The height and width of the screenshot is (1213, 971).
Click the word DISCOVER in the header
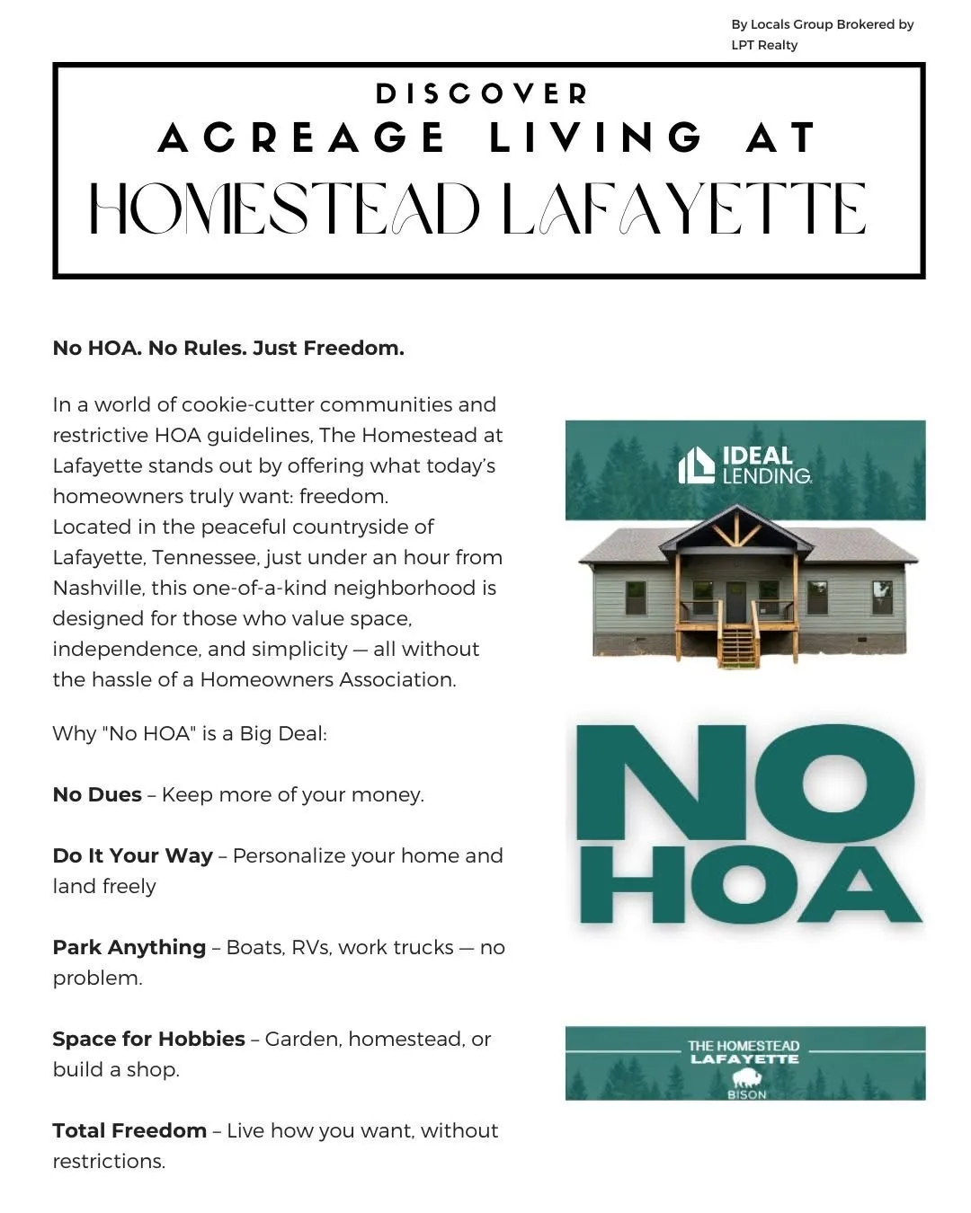[x=482, y=93]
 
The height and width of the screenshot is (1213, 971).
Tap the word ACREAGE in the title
[x=302, y=138]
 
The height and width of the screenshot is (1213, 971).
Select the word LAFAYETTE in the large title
[x=683, y=208]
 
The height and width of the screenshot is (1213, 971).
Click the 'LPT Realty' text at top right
[x=763, y=45]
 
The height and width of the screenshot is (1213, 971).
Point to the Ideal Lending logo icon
[x=697, y=465]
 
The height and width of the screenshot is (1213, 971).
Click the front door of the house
[x=736, y=602]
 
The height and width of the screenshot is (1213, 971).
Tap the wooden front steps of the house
[x=737, y=646]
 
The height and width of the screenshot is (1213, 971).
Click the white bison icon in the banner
[x=745, y=1077]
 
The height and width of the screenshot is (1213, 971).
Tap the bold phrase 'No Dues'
[x=97, y=795]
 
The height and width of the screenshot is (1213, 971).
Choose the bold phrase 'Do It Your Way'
[x=132, y=856]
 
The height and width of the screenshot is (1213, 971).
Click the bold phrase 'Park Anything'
[x=129, y=948]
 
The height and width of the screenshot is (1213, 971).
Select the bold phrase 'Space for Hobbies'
[x=148, y=1040]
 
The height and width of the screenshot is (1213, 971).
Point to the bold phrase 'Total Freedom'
[x=129, y=1131]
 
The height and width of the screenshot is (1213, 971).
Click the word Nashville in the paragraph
[x=98, y=589]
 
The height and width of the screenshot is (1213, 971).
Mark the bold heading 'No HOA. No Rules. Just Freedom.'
[x=228, y=349]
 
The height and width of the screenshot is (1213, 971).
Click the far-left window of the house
[x=636, y=597]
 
